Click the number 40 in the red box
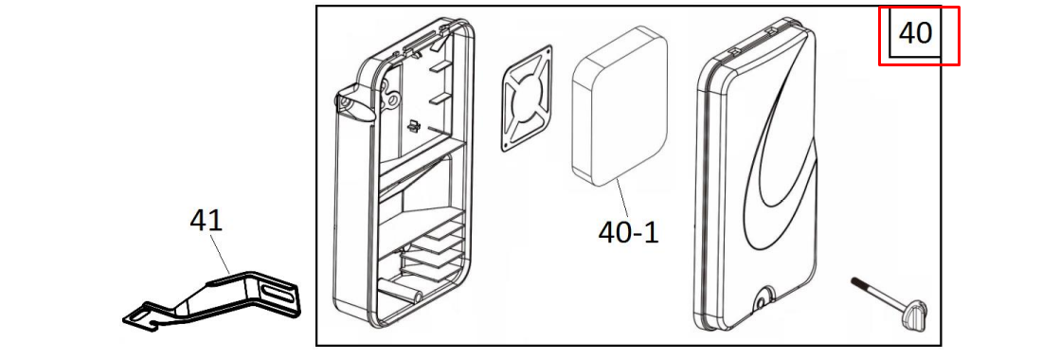click(x=915, y=32)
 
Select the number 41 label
click(x=207, y=221)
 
